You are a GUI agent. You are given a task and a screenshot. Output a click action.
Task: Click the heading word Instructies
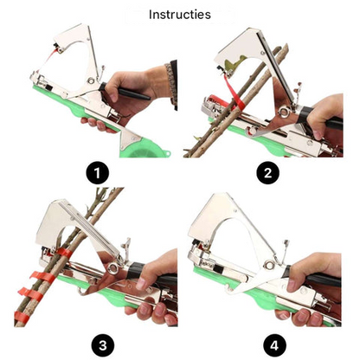[x=179, y=14]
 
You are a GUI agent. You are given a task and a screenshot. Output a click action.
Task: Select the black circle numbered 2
[x=269, y=174]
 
